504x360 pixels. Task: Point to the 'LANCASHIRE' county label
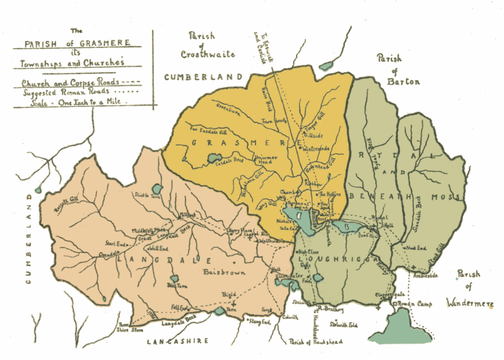178,341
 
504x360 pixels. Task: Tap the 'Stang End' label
259,321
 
